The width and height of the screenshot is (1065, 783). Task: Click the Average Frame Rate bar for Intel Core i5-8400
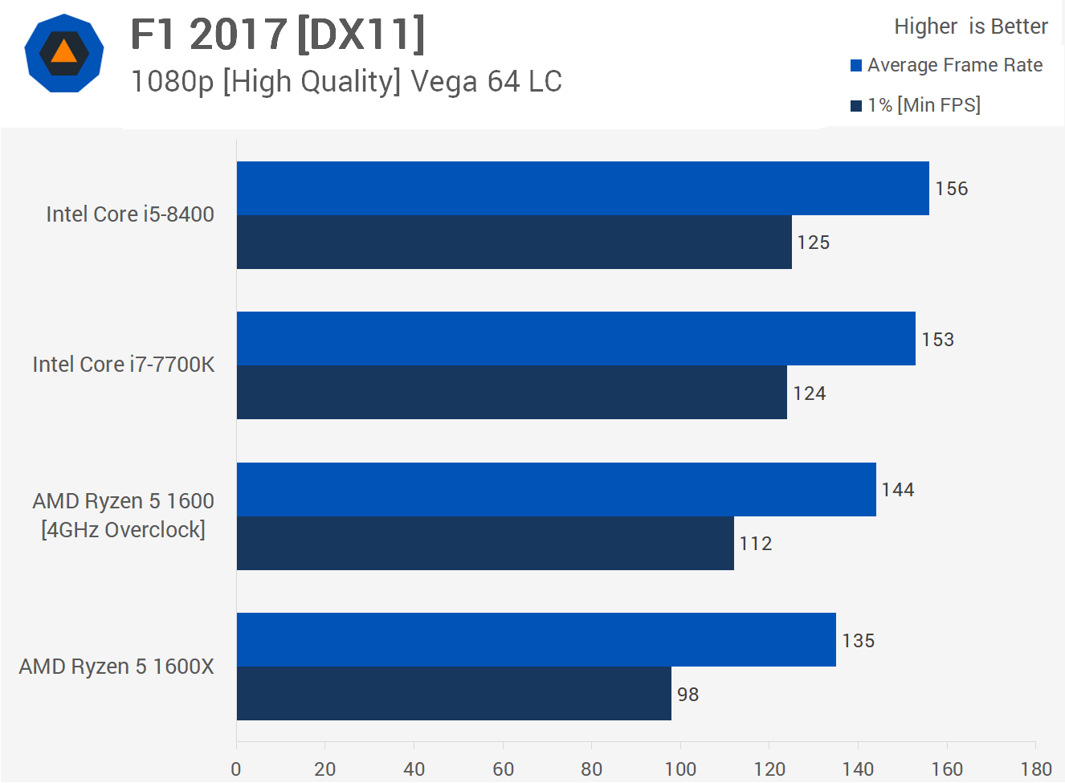point(582,188)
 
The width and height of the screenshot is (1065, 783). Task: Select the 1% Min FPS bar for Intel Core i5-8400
point(514,242)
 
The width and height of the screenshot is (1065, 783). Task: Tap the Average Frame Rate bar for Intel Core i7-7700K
point(576,338)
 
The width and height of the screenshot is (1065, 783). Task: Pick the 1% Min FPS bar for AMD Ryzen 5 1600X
point(454,693)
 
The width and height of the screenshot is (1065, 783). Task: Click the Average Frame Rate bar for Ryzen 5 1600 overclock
point(556,489)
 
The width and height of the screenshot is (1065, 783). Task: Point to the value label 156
point(952,189)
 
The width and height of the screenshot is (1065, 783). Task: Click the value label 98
point(688,695)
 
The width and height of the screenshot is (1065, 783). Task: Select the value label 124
point(809,394)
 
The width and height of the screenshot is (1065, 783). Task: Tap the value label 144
point(898,490)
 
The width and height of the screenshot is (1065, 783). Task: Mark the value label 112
point(756,544)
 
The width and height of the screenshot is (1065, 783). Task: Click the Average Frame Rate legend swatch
point(856,66)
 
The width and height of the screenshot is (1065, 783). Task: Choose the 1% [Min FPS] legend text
point(924,105)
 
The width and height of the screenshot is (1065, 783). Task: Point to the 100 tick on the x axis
point(680,769)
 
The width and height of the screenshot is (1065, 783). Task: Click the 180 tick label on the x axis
point(1036,769)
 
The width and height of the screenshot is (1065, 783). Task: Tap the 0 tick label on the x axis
point(236,769)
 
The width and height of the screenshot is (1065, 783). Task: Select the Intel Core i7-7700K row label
point(124,365)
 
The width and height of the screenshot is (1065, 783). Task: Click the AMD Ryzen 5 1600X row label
point(116,667)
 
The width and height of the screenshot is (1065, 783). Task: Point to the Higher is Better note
point(971,27)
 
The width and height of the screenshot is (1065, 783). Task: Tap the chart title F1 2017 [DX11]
point(278,35)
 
